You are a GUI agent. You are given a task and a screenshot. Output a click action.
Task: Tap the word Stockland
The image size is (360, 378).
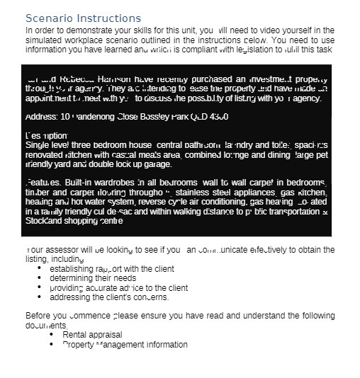pos(45,221)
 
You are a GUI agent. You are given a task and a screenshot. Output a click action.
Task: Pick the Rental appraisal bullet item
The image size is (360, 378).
pos(92,335)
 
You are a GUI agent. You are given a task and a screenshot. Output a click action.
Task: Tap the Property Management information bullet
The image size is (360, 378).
pos(125,345)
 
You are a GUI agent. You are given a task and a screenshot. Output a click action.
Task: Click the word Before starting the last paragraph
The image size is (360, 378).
pos(39,316)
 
